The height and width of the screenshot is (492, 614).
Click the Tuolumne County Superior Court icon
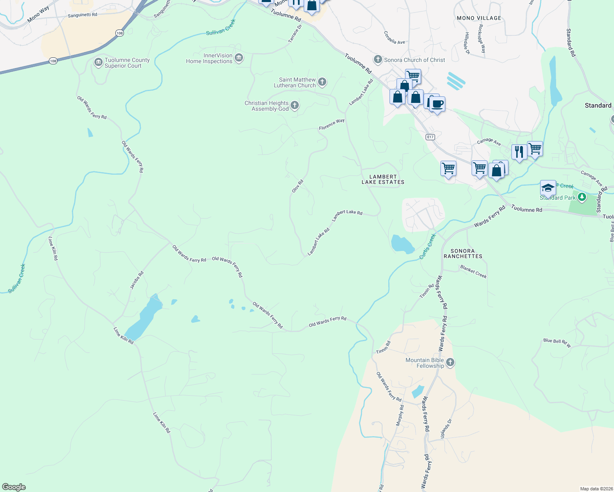pos(98,63)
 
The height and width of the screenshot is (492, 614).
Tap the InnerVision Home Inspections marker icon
pos(239,58)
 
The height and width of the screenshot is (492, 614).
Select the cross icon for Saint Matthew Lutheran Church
pos(322,82)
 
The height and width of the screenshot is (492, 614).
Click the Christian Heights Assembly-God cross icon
pos(295,106)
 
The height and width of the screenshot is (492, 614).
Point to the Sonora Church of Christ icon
pos(378,60)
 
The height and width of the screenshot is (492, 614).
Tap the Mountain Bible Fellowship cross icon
pos(450,362)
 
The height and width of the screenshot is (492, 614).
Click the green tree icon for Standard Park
pos(582,198)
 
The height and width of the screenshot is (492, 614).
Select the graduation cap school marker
pos(548,188)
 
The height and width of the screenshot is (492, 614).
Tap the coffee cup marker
pos(438,104)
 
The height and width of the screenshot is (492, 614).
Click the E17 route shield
pos(430,137)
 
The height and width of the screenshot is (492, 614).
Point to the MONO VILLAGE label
pos(479,18)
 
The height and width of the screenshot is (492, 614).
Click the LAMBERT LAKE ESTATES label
pos(383,180)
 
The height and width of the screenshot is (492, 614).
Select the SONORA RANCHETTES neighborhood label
pos(463,253)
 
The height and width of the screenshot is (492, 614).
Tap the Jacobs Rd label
pos(137,280)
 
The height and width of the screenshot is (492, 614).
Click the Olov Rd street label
pos(297,186)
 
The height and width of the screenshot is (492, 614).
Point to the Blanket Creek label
pos(473,271)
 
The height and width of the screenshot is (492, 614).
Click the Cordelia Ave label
pos(394,38)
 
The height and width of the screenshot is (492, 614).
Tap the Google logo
pos(14,487)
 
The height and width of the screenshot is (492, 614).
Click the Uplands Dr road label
pos(446,428)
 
